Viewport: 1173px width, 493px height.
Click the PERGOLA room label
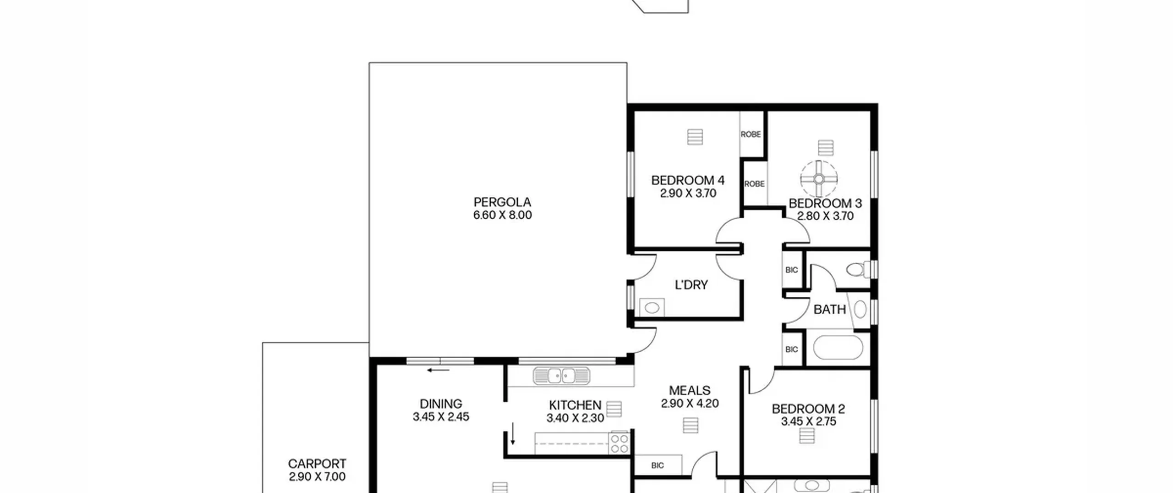pyautogui.click(x=502, y=202)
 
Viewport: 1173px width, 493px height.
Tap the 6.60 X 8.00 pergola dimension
pyautogui.click(x=502, y=215)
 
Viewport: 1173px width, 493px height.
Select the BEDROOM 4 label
pyautogui.click(x=688, y=180)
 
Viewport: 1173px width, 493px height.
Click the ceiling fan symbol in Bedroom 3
pyautogui.click(x=819, y=179)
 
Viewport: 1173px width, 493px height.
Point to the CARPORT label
pyautogui.click(x=317, y=464)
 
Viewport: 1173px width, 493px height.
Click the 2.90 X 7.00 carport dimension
pyautogui.click(x=317, y=477)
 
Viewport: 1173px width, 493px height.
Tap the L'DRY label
pyautogui.click(x=691, y=285)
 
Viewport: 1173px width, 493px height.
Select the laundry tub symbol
pyautogui.click(x=652, y=307)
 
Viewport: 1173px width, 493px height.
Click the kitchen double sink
pyautogui.click(x=561, y=376)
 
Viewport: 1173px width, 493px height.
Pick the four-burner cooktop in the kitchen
pyautogui.click(x=619, y=443)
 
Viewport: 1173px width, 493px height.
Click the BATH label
pyautogui.click(x=829, y=310)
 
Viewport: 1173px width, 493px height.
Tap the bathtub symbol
pyautogui.click(x=838, y=347)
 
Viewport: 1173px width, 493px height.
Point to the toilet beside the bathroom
pyautogui.click(x=858, y=269)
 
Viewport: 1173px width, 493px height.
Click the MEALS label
pyautogui.click(x=690, y=391)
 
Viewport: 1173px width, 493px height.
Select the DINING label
pyautogui.click(x=441, y=404)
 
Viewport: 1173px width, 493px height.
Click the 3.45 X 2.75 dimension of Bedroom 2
pyautogui.click(x=808, y=421)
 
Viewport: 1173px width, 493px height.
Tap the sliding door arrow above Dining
pyautogui.click(x=438, y=370)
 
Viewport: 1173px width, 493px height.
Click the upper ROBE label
pyautogui.click(x=751, y=134)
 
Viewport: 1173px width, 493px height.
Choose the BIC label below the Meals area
pyautogui.click(x=658, y=465)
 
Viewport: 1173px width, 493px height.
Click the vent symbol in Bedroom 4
pyautogui.click(x=695, y=137)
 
